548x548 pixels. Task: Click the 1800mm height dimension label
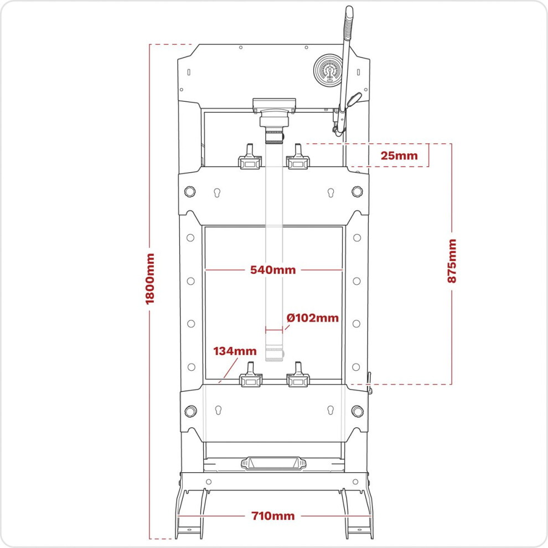tap(150, 279)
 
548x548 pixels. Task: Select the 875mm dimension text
tap(452, 261)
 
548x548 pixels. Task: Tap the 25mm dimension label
tap(399, 156)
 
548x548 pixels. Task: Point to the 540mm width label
tap(273, 270)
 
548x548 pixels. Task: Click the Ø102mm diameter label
tap(312, 318)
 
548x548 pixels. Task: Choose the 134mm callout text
tap(235, 351)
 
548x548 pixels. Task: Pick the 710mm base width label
tap(273, 516)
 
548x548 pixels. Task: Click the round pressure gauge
tap(328, 70)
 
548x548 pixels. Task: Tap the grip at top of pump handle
tap(348, 23)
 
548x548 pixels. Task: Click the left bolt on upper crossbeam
tap(189, 192)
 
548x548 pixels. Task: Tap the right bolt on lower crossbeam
tap(357, 411)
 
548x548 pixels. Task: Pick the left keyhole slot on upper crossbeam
tap(217, 193)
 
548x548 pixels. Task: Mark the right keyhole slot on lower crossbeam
tap(330, 410)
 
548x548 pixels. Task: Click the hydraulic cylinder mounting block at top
tap(274, 105)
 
